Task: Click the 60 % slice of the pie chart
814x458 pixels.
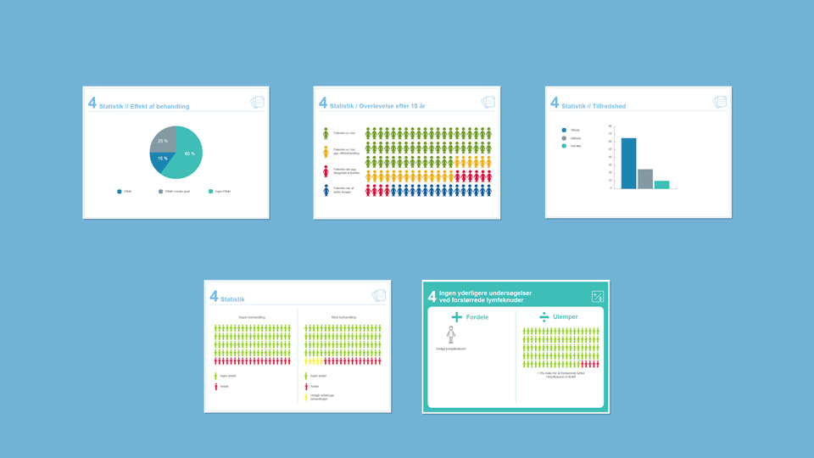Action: tap(187, 154)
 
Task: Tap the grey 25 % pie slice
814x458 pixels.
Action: tap(162, 139)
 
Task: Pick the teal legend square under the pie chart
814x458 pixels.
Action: tap(210, 192)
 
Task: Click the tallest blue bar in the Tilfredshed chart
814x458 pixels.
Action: tap(628, 163)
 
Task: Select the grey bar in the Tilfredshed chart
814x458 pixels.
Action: tap(645, 179)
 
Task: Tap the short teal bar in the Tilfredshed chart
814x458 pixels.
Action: tap(661, 184)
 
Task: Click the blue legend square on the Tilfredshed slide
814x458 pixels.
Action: tap(564, 130)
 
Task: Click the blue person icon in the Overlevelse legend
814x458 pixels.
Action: tap(326, 191)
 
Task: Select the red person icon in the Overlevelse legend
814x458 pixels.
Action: tap(326, 171)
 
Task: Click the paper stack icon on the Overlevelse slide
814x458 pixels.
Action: tap(488, 103)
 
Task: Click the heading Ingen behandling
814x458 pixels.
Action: tap(252, 317)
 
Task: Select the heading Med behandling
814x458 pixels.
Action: tap(343, 317)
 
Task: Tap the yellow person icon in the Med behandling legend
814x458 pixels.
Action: tap(306, 397)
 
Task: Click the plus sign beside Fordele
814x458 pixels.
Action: tap(457, 317)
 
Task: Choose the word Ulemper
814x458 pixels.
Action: tap(565, 317)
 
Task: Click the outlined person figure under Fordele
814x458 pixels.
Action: tap(451, 335)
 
